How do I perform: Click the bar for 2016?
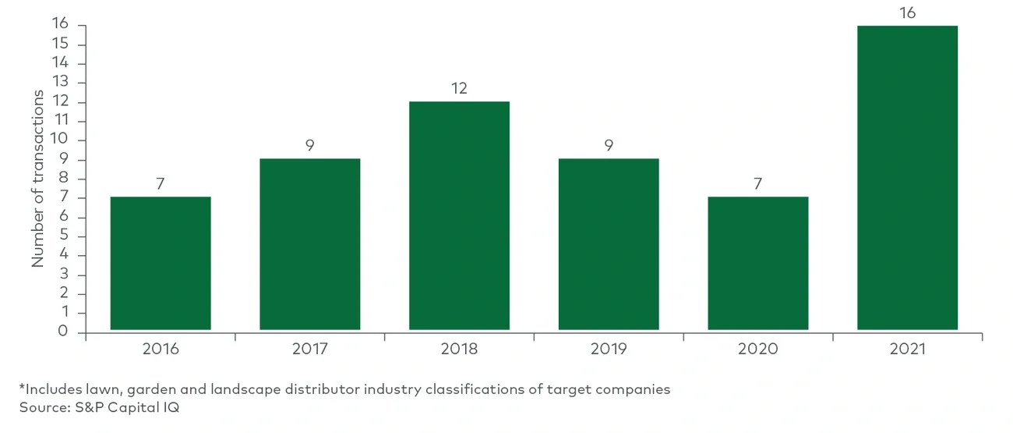[161, 263]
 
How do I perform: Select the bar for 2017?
[309, 244]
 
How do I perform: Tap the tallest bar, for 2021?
[907, 178]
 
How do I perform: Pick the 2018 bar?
[459, 215]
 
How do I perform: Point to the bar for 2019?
[609, 244]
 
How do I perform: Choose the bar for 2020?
[757, 263]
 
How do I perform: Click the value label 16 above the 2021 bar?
[907, 12]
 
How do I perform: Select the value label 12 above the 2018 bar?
[459, 88]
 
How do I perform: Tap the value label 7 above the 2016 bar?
[161, 183]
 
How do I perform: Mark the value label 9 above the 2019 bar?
[609, 145]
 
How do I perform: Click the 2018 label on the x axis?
[459, 349]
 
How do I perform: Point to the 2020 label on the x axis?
[757, 349]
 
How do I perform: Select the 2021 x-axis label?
[907, 349]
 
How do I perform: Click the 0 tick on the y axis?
[63, 332]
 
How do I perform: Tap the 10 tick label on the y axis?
[60, 140]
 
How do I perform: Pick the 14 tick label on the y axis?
[60, 63]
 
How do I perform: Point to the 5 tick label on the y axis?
[63, 236]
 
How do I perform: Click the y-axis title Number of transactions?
[37, 179]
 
